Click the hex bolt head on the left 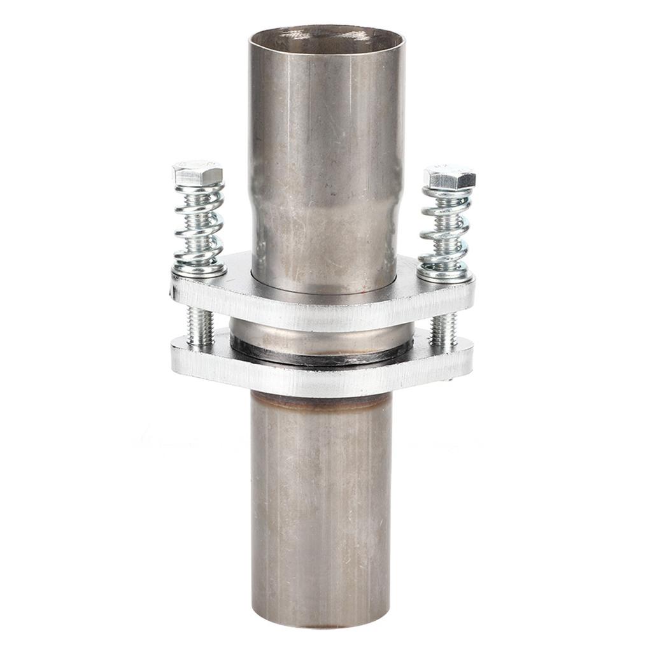197,173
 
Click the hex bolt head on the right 450,177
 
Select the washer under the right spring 445,275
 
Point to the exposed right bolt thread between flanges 443,331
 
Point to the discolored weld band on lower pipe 321,402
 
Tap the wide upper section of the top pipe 327,115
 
